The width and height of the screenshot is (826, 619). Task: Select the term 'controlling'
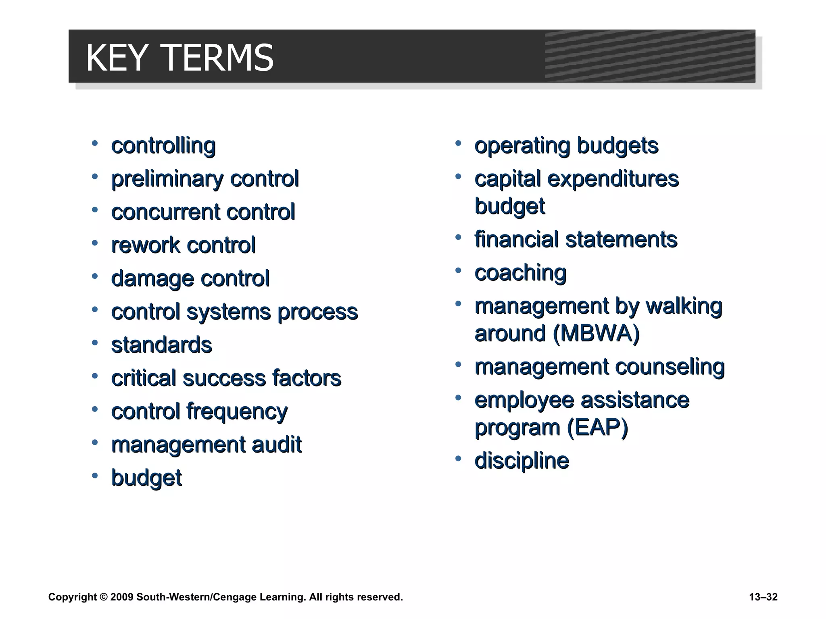[x=163, y=145]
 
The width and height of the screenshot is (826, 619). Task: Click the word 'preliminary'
[x=166, y=179]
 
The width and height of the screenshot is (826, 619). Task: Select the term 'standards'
[x=161, y=345]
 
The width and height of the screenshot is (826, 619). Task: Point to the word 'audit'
[x=276, y=445]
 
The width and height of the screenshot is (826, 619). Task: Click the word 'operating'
[x=522, y=146]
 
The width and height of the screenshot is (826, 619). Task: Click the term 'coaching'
[x=520, y=273]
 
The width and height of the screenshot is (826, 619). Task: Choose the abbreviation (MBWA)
[x=597, y=334]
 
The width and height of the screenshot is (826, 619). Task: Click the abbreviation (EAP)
[x=597, y=428]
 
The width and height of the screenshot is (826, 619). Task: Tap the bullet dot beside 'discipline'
[x=458, y=459]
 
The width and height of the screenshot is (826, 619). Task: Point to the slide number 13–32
[x=763, y=597]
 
